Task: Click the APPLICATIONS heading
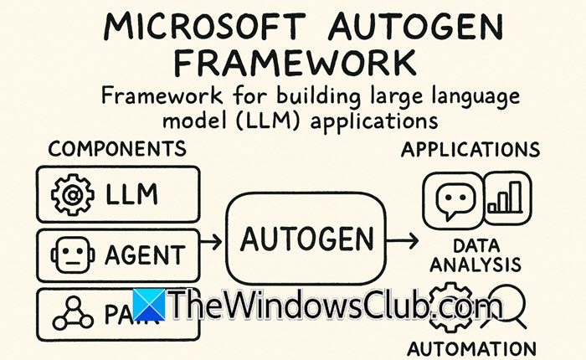[x=481, y=150]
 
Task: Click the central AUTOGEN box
[x=306, y=241]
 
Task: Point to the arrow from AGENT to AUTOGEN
[x=212, y=242]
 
